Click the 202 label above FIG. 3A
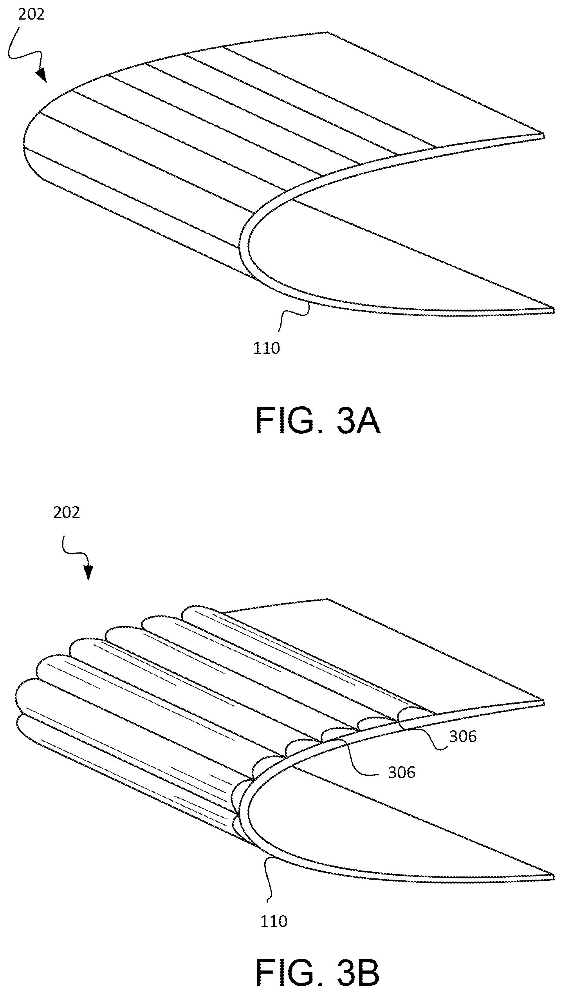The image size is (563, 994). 31,14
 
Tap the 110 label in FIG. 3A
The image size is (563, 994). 267,348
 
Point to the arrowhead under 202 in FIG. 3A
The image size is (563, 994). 41,76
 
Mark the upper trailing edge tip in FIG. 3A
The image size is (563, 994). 544,135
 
